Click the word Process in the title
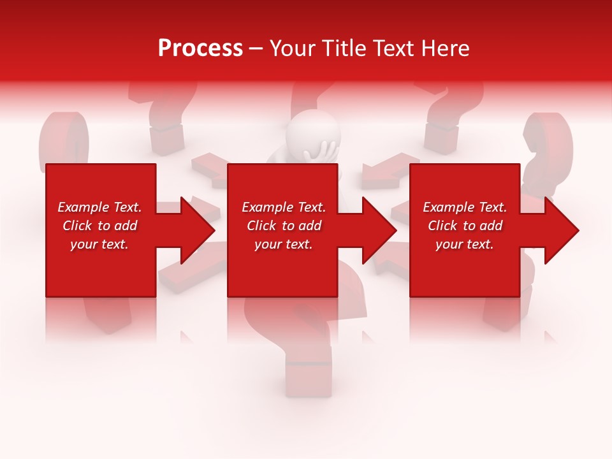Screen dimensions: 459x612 pos(200,48)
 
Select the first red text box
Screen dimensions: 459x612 pos(101,268)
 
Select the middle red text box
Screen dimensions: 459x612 pos(282,268)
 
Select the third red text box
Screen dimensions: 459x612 pos(464,268)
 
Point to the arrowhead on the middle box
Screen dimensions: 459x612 pos(378,230)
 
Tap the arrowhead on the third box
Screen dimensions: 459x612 pos(560,230)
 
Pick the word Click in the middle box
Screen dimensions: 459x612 pos(260,226)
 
